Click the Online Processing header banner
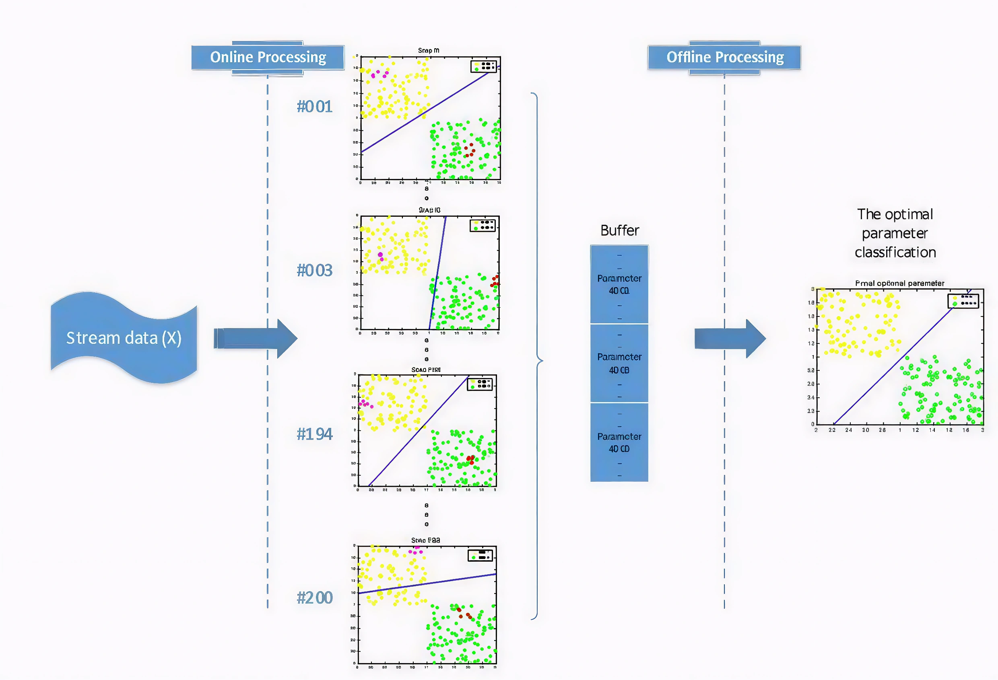268,58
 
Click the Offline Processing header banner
724,58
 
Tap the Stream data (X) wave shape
124,338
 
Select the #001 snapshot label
314,107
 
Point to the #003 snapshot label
314,270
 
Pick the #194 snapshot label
314,434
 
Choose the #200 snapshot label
314,598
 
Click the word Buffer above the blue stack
619,230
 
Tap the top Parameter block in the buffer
619,284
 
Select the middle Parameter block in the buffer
619,364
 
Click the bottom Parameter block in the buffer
619,442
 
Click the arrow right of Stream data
256,339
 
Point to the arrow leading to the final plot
730,339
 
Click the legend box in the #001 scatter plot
484,66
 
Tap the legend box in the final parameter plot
963,301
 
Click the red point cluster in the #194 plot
470,460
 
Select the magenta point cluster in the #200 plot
415,551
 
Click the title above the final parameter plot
900,283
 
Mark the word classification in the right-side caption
895,252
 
